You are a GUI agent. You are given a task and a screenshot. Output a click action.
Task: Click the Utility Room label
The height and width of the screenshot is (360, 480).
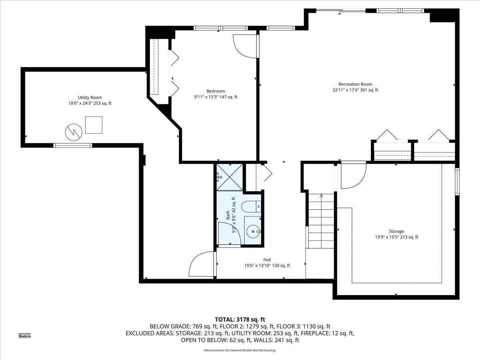click(x=90, y=98)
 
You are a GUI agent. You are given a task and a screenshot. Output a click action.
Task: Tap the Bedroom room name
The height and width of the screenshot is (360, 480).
click(x=216, y=91)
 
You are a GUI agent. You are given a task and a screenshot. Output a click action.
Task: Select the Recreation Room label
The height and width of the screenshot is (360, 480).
click(x=355, y=84)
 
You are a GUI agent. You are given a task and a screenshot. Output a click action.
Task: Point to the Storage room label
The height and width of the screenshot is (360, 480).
click(x=396, y=231)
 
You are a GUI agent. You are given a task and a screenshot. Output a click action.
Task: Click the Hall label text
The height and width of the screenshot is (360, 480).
click(x=267, y=260)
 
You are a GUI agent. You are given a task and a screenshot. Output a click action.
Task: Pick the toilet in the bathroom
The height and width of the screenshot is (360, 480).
click(x=251, y=206)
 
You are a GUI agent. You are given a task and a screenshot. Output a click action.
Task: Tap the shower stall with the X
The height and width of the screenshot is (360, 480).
click(x=230, y=177)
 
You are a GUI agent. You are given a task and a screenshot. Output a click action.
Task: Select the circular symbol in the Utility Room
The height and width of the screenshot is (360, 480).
click(x=74, y=132)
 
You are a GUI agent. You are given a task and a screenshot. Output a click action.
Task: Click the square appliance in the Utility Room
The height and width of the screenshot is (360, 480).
click(x=94, y=125)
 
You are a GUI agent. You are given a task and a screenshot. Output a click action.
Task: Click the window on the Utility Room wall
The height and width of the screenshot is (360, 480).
click(x=73, y=145)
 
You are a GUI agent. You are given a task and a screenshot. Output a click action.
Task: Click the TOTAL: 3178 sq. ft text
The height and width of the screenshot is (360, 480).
click(x=240, y=320)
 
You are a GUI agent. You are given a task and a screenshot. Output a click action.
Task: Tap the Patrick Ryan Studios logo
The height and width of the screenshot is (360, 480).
click(x=25, y=335)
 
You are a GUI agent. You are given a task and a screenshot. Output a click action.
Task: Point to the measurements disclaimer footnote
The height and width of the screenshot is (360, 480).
click(x=240, y=350)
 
